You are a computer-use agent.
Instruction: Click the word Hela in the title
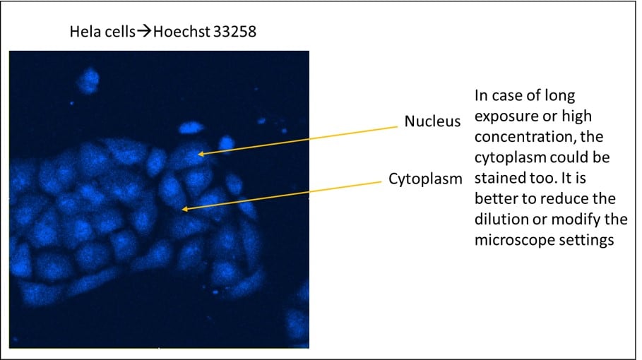click(82, 32)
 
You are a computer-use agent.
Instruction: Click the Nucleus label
click(432, 121)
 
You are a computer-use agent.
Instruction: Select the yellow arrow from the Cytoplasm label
click(283, 194)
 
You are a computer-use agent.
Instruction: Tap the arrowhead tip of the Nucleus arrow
click(198, 153)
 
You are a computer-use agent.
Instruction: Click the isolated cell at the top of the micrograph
click(88, 80)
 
